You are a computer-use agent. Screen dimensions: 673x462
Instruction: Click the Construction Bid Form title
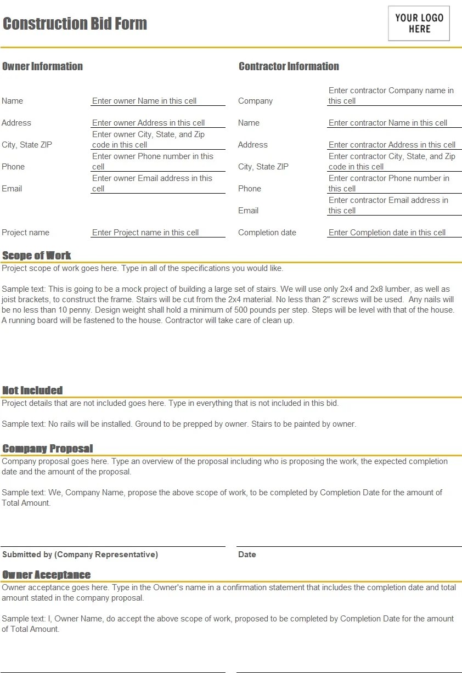click(x=75, y=24)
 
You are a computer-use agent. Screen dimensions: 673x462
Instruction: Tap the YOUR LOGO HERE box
click(x=419, y=24)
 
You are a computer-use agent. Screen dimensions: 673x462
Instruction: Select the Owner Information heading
click(x=42, y=66)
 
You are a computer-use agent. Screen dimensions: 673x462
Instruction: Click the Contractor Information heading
click(x=289, y=66)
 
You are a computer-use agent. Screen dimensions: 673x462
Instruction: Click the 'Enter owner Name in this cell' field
click(x=144, y=101)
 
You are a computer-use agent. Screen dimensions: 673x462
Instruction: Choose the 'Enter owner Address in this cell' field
click(x=148, y=123)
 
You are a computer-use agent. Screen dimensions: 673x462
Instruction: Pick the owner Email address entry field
click(x=152, y=183)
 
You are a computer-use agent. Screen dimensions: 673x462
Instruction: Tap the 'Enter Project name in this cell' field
click(x=145, y=233)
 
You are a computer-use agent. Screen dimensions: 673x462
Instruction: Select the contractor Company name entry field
click(x=391, y=95)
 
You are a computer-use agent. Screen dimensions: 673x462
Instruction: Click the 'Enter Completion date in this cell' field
click(x=387, y=233)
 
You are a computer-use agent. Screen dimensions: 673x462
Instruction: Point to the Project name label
click(x=25, y=233)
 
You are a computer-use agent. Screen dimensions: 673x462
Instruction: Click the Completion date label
click(x=267, y=233)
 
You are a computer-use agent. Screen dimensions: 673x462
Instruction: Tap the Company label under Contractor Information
click(x=255, y=101)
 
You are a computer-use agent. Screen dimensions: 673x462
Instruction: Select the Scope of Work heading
click(x=37, y=256)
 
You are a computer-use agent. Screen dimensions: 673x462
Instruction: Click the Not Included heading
click(x=32, y=391)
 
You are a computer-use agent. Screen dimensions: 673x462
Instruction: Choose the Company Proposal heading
click(x=48, y=449)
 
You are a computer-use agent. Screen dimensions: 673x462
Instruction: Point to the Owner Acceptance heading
click(x=47, y=575)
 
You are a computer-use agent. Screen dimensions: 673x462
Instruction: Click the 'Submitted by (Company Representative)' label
click(x=80, y=555)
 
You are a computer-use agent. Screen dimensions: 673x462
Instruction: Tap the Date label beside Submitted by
click(x=247, y=555)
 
